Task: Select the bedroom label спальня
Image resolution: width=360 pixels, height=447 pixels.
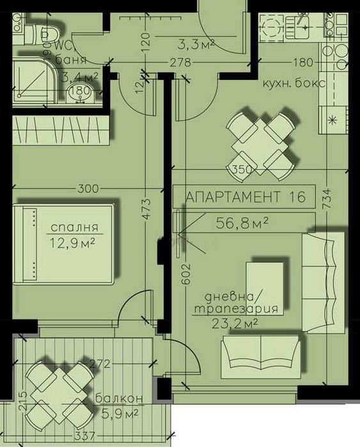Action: pos(75,228)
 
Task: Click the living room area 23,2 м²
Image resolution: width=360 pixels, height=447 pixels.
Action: pos(234,324)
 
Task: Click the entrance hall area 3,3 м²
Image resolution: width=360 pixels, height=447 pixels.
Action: pos(194,43)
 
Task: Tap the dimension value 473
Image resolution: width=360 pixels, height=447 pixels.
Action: pos(146,209)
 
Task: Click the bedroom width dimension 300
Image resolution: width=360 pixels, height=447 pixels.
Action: pos(87,189)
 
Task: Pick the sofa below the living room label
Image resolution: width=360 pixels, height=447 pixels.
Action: pos(261,359)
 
